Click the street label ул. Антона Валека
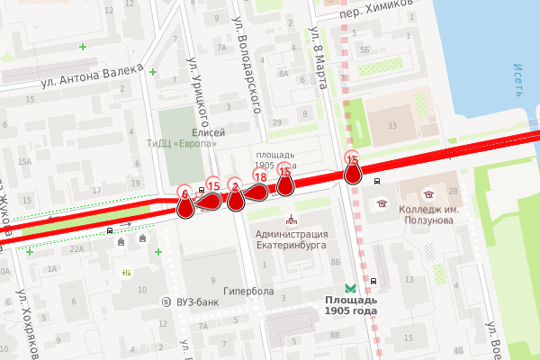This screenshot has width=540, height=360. click(x=92, y=77)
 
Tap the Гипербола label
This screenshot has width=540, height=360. click(x=249, y=292)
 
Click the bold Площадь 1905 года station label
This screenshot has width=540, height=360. click(x=351, y=305)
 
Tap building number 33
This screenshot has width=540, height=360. click(x=391, y=126)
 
